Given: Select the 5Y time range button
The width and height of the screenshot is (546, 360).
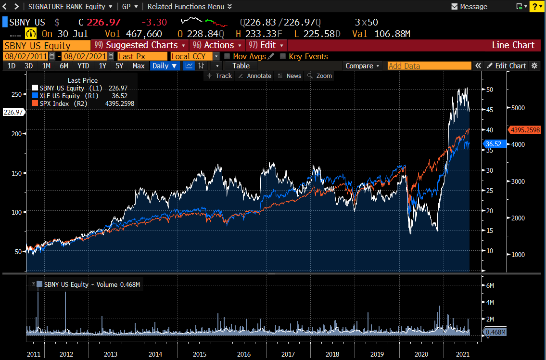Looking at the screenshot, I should pyautogui.click(x=119, y=66).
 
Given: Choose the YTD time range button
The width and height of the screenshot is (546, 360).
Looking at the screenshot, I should pyautogui.click(x=83, y=66).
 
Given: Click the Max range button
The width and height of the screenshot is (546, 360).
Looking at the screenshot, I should pyautogui.click(x=139, y=66).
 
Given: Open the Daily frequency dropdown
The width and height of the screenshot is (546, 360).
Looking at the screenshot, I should pyautogui.click(x=165, y=66).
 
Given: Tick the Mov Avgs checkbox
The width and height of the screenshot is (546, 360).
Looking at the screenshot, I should pyautogui.click(x=227, y=56).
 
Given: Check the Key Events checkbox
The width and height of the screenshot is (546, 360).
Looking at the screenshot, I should pyautogui.click(x=283, y=56).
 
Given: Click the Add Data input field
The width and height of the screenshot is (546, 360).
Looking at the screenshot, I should pyautogui.click(x=429, y=66).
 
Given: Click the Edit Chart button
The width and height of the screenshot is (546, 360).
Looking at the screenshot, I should pyautogui.click(x=506, y=66).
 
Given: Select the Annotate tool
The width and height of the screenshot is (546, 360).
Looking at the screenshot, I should pyautogui.click(x=255, y=76).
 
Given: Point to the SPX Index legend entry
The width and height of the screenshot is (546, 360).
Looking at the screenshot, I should pyautogui.click(x=62, y=103).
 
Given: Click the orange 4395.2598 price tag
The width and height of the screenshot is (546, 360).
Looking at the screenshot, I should pyautogui.click(x=525, y=130).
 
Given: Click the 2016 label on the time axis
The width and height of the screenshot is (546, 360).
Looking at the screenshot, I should pyautogui.click(x=243, y=354).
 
